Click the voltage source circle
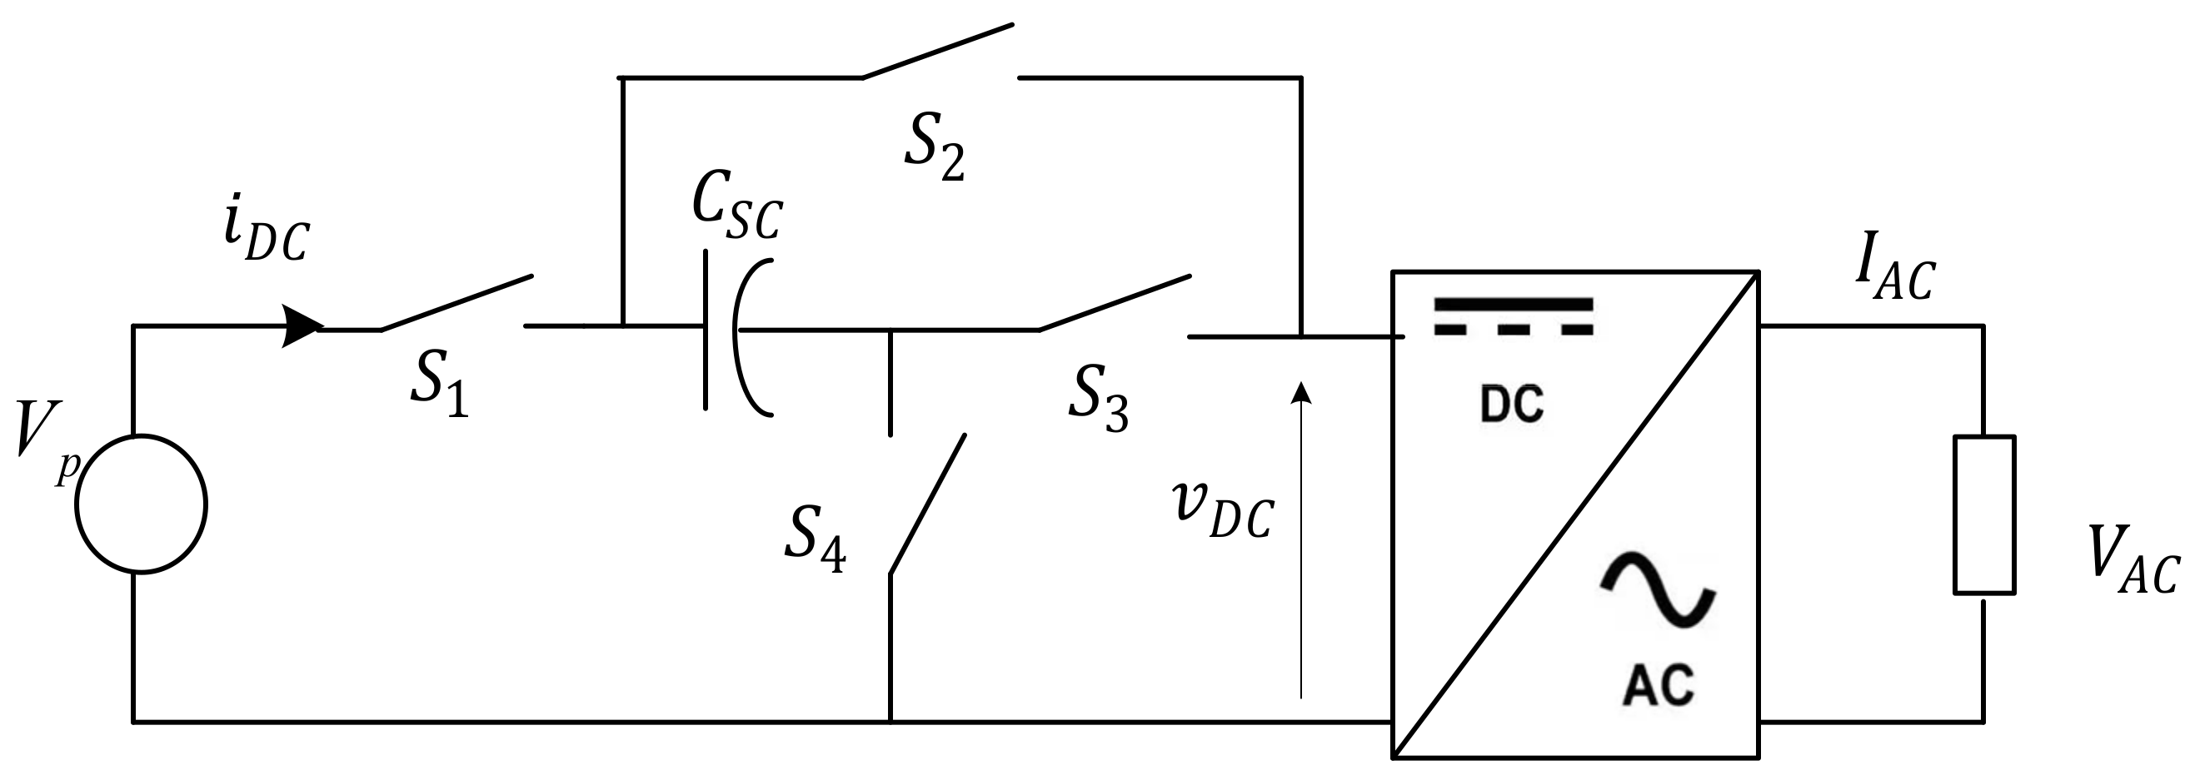pos(142,504)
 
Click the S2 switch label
pos(934,149)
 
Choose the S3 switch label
pos(1098,399)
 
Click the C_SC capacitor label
pos(736,213)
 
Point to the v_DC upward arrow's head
pos(1300,393)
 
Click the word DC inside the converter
pos(1512,405)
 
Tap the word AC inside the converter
pos(1659,684)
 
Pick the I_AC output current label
pos(1895,276)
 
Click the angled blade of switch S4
pos(927,504)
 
